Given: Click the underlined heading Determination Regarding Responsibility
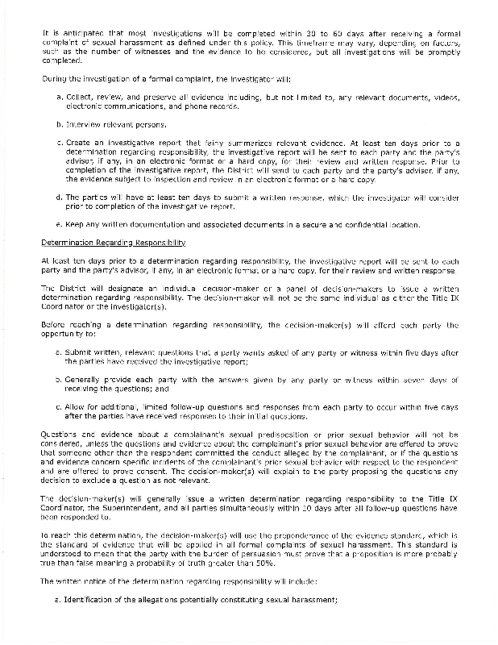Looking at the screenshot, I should click(x=114, y=242).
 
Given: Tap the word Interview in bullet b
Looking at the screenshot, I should click(x=79, y=125).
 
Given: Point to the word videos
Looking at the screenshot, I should click(x=444, y=98).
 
